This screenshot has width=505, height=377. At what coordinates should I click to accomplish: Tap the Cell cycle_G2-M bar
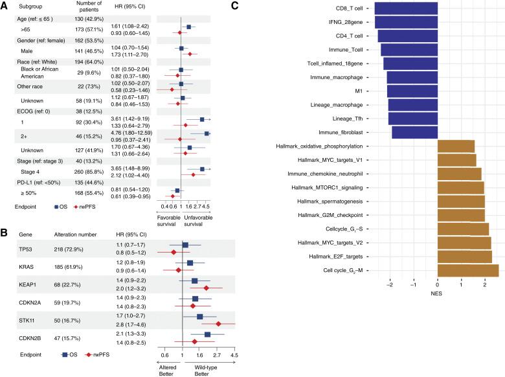coord(468,271)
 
